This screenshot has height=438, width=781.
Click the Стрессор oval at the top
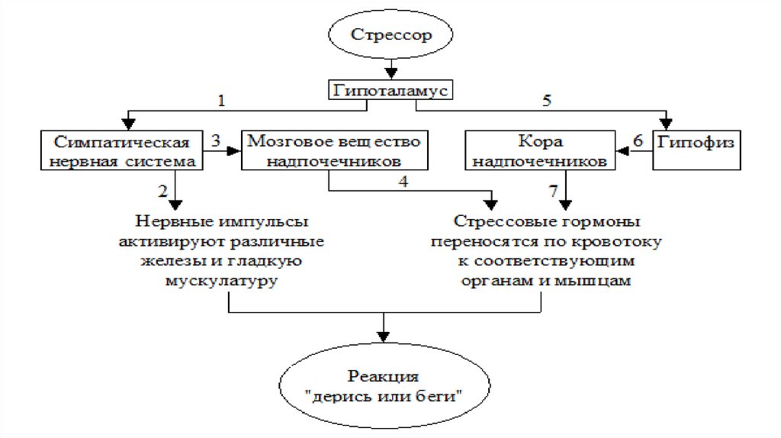[x=390, y=34]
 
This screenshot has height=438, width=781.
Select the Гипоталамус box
[x=390, y=90]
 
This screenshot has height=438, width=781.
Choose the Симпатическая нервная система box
[x=122, y=151]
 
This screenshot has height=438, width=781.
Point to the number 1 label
[x=222, y=101]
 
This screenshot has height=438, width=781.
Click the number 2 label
[x=162, y=190]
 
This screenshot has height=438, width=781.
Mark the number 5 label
[x=545, y=100]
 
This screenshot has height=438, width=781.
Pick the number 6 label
[x=638, y=140]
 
